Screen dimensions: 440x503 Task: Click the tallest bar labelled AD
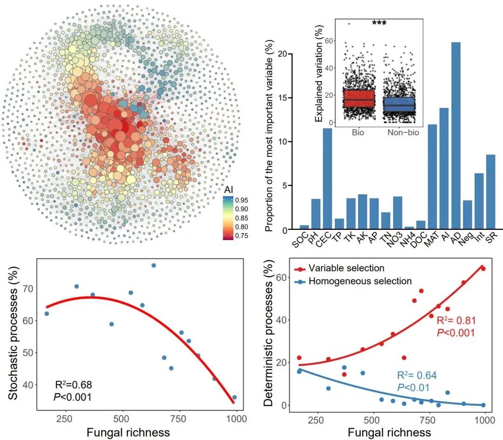(x=456, y=135)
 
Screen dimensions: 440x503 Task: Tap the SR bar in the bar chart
(x=490, y=192)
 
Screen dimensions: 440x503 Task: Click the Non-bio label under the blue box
(x=403, y=133)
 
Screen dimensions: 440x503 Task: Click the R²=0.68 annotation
(x=74, y=385)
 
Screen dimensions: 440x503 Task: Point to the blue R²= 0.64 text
(x=417, y=376)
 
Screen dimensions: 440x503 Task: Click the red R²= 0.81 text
(x=455, y=321)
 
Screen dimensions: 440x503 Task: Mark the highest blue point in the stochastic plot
(x=154, y=265)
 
